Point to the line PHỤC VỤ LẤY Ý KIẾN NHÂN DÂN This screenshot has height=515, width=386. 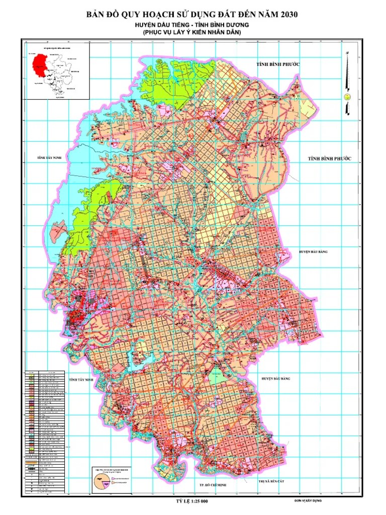[x=192, y=32]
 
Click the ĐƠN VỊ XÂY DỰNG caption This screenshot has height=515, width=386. [x=308, y=501]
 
